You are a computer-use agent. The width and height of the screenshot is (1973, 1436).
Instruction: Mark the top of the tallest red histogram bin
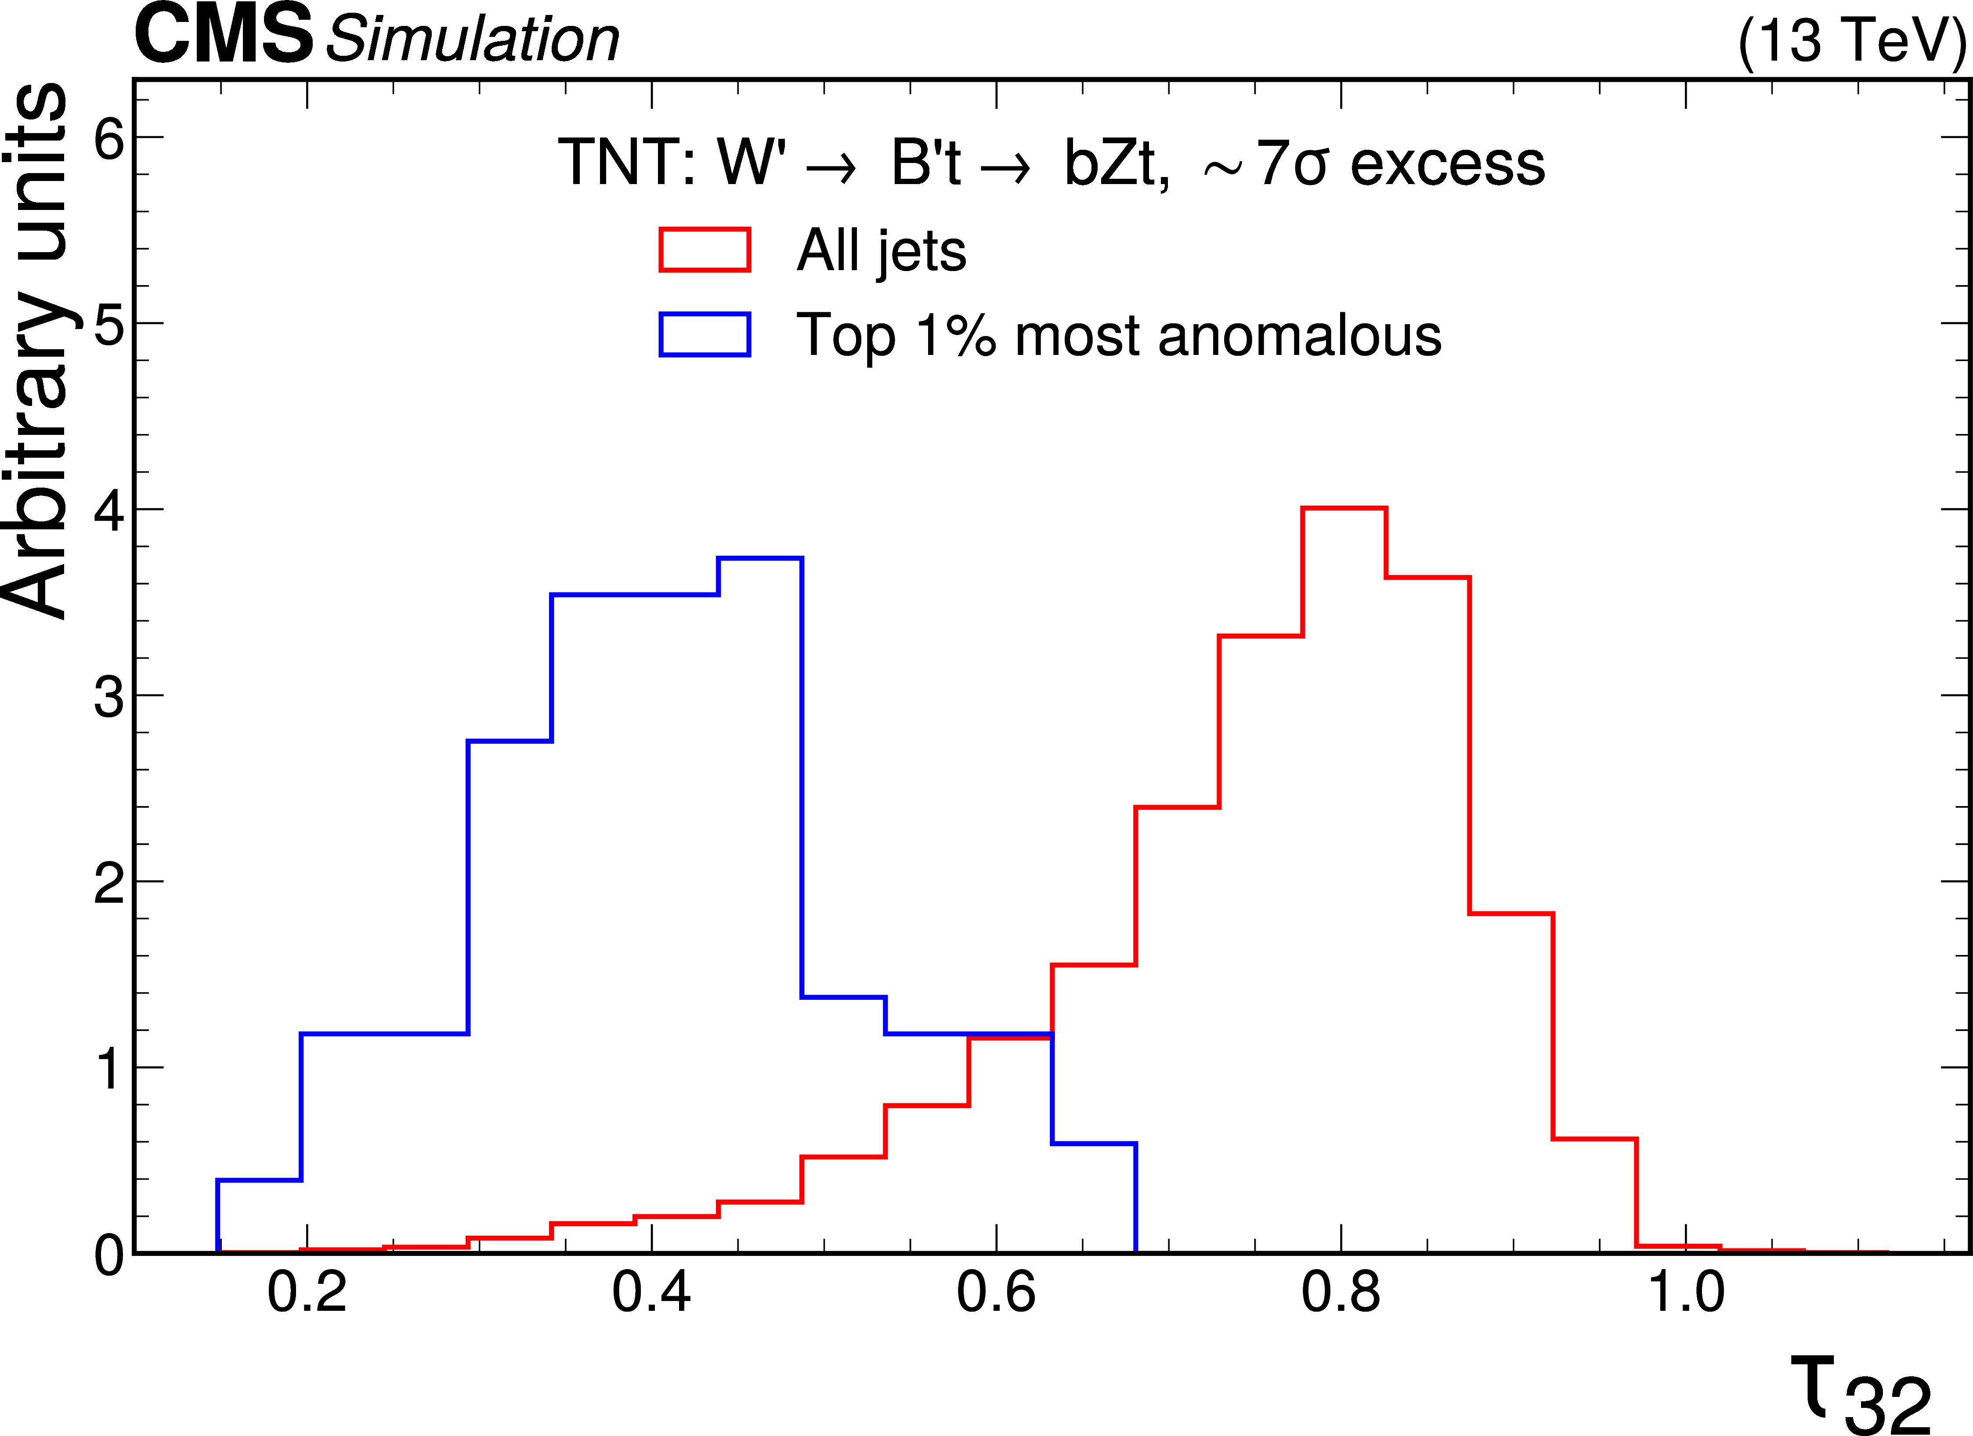[x=1344, y=508]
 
